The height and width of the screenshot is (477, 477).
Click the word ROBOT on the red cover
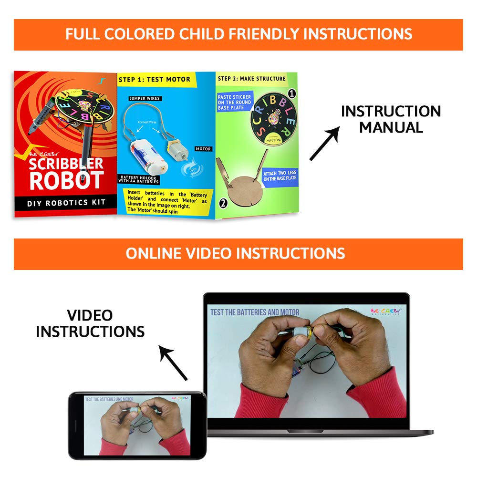66,180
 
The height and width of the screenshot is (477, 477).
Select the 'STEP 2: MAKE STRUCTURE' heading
252,78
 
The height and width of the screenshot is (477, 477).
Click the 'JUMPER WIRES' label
145,99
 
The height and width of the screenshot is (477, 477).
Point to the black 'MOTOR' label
203,149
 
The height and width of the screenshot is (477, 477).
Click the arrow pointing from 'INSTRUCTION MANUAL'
324,143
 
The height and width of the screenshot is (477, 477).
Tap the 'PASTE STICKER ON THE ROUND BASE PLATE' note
235,102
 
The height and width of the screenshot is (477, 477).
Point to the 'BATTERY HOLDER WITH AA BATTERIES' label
139,179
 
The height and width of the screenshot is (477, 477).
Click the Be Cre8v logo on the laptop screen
386,311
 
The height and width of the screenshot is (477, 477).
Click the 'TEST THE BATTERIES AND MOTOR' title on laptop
255,312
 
